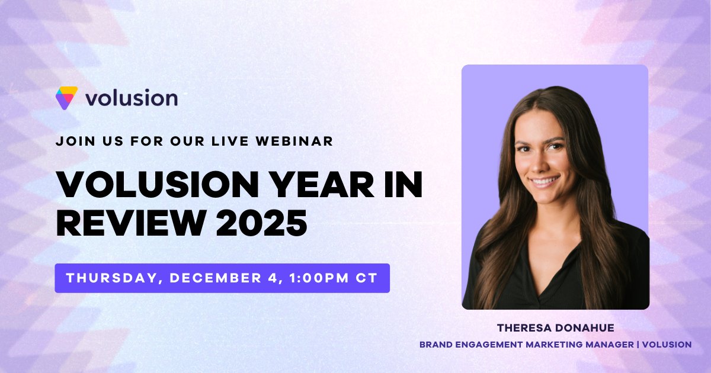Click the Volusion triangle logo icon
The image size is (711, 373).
(66, 98)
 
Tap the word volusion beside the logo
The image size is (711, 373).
(131, 98)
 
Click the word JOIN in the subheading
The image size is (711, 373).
(72, 142)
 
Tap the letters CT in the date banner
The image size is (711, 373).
(369, 278)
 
